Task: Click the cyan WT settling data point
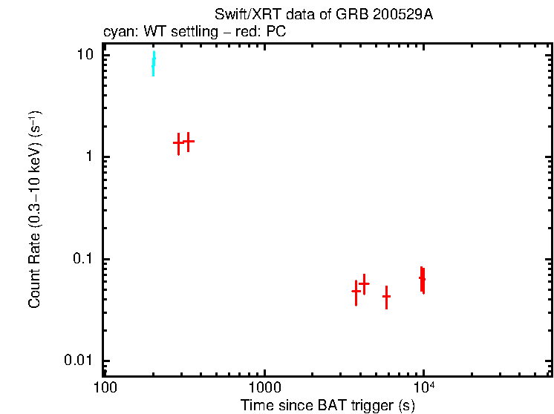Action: coord(154,64)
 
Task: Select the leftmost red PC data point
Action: coord(178,142)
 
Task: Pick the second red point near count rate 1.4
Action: coord(189,140)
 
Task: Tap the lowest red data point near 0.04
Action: coord(386,296)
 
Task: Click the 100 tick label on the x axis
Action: coord(105,389)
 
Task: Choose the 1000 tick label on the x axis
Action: coord(264,389)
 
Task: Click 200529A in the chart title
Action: coord(408,16)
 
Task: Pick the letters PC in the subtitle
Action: coord(276,33)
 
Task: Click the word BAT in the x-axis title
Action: coord(319,405)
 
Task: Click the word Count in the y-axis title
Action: coord(34,293)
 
